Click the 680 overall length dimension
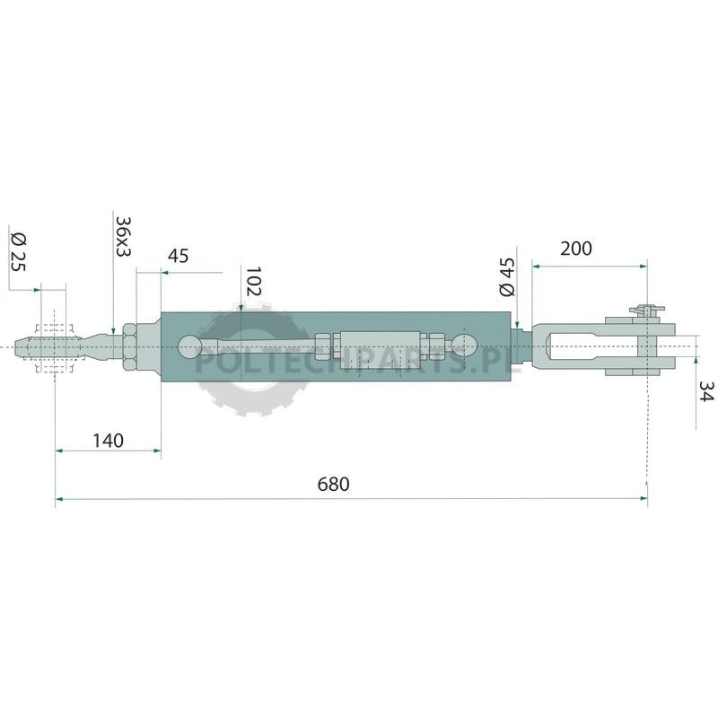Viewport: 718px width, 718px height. coord(333,484)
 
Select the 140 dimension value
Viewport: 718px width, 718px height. coord(108,441)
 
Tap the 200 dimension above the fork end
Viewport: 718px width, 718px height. coord(576,249)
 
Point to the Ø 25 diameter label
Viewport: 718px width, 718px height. coord(19,252)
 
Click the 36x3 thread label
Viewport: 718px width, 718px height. coord(123,236)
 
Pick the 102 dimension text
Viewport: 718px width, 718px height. coord(253,281)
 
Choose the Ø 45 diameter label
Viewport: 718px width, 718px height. coord(507,277)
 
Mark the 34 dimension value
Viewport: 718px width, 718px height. coord(705,391)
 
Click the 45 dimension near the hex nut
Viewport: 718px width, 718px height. coord(178,256)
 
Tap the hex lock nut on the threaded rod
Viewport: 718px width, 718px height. coord(129,346)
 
